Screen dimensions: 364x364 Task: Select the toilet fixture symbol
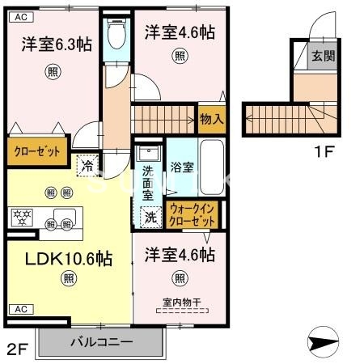point(118,32)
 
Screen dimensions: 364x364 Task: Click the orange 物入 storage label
point(212,119)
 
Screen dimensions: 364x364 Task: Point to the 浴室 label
point(182,168)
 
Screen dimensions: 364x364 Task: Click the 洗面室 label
point(148,183)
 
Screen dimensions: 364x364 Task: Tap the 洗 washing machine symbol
point(150,216)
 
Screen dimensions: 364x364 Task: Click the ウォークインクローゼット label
point(193,214)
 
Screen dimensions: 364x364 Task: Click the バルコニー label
point(101,341)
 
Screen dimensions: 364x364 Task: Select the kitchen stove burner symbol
point(19,216)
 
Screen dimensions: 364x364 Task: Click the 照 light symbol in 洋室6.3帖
point(52,71)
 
